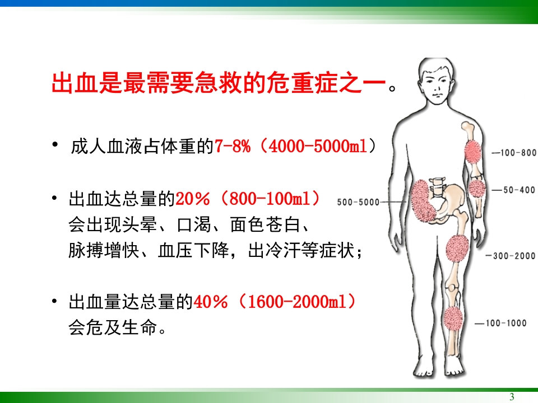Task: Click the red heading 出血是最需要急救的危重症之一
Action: (x=219, y=85)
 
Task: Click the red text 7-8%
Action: (x=232, y=147)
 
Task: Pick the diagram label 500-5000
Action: (x=358, y=202)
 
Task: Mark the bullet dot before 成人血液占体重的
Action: (x=55, y=146)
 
